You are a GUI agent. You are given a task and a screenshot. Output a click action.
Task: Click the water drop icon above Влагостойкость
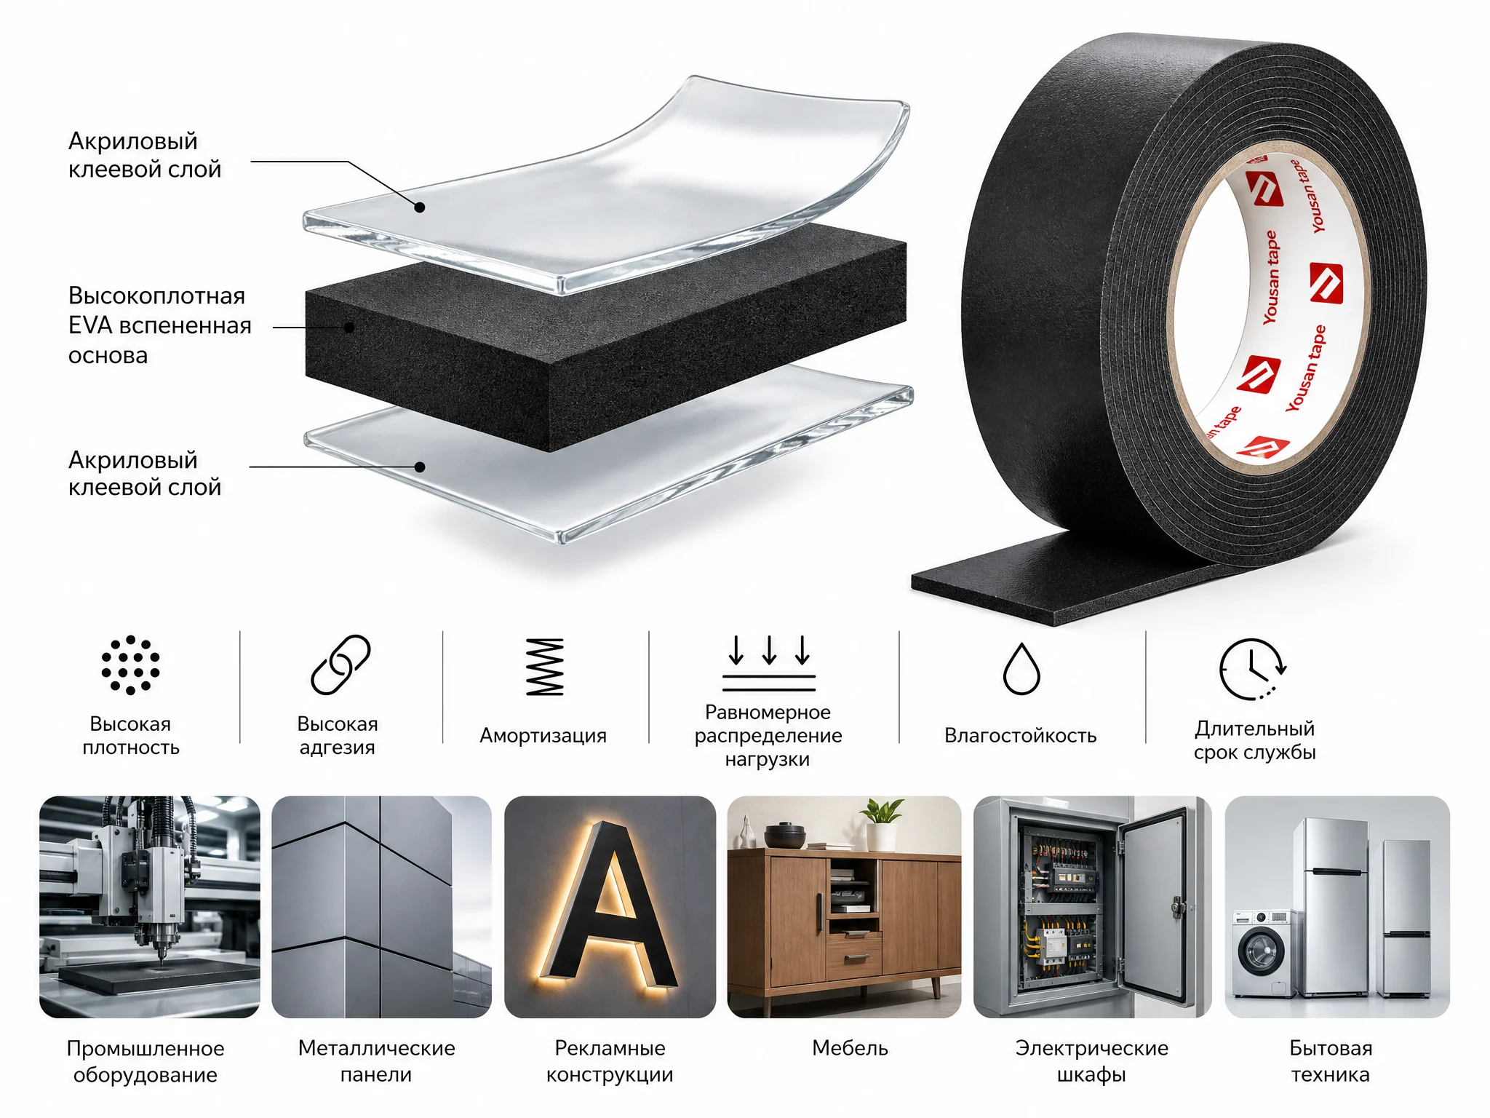1021,669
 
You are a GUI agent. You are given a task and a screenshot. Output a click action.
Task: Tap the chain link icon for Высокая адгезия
340,665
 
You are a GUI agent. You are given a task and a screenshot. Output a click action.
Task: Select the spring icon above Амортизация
545,667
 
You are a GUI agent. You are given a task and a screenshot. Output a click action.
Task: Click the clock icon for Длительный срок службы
1252,669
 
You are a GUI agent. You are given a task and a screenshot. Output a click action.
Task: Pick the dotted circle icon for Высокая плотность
130,665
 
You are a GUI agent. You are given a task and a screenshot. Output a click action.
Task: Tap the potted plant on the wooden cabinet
882,824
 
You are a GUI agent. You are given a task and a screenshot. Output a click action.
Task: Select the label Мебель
850,1048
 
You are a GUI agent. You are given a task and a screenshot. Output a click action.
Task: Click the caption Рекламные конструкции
610,1061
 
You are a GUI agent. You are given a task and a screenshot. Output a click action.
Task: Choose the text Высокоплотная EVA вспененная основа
159,325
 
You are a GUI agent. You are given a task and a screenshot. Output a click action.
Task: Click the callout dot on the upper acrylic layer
420,207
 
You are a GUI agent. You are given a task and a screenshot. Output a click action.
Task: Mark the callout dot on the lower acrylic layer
420,467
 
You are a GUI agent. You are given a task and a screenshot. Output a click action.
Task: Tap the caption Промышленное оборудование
146,1061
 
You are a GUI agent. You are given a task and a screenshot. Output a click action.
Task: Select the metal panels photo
381,906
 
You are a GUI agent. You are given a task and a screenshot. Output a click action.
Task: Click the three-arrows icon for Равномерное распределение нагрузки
769,662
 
